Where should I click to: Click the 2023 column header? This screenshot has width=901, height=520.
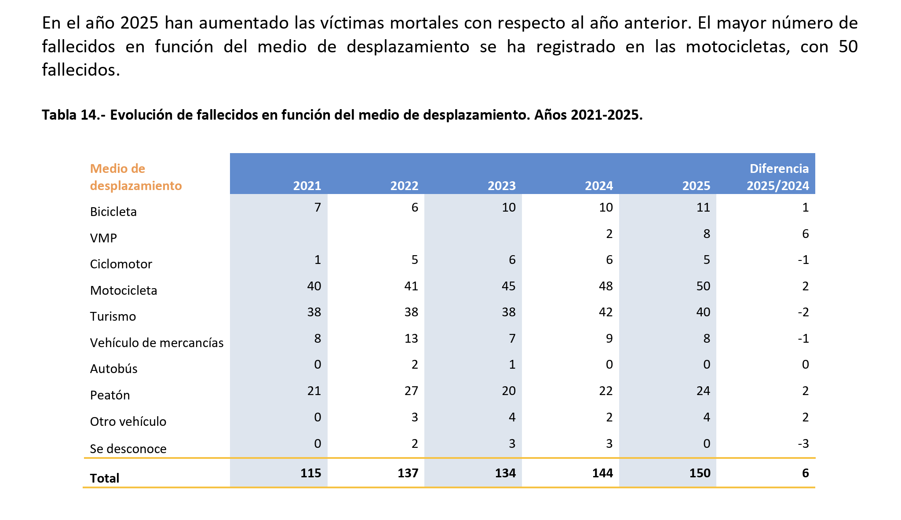click(501, 186)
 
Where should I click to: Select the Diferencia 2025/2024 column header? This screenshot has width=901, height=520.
click(778, 177)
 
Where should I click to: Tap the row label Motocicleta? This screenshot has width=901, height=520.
click(124, 290)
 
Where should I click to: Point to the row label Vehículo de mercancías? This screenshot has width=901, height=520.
click(157, 343)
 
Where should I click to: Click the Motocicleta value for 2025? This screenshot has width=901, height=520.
click(703, 286)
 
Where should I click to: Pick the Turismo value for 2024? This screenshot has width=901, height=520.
click(606, 312)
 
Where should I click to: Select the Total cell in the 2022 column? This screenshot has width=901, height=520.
click(408, 473)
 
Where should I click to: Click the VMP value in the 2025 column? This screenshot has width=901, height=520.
click(706, 234)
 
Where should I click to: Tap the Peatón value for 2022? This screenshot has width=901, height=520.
click(411, 391)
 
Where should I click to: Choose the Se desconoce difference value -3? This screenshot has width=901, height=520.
click(803, 443)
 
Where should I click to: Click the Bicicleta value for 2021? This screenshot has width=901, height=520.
click(317, 207)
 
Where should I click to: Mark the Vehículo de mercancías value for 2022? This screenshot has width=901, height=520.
click(411, 338)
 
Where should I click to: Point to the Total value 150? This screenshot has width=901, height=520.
click(700, 473)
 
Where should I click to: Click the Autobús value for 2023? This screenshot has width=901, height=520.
click(512, 365)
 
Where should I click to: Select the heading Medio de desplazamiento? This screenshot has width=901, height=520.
click(135, 177)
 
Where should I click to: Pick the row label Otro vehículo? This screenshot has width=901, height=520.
click(128, 421)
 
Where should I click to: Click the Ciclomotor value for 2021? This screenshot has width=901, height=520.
click(317, 260)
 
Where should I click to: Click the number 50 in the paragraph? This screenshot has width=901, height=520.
click(847, 46)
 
